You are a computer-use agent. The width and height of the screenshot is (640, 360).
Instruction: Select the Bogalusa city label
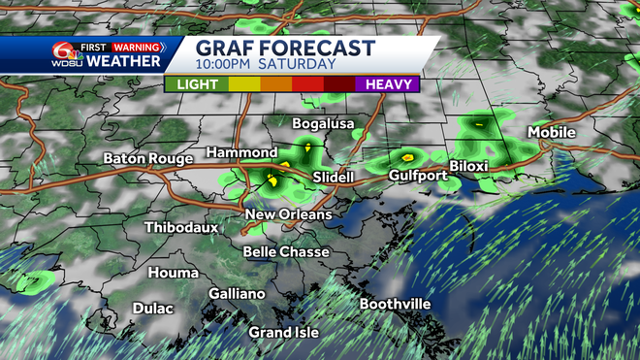(326, 124)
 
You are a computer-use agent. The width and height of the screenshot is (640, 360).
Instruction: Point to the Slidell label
(336, 178)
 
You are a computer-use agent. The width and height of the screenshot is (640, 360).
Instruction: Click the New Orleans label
(288, 214)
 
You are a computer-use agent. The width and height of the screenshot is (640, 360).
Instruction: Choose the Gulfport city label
(418, 176)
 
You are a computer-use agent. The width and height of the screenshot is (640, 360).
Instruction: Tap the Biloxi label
(468, 166)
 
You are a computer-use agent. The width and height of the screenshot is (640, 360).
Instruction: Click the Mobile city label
(552, 132)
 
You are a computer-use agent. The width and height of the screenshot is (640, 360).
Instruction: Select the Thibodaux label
(180, 227)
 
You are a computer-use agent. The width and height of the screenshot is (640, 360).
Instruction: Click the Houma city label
(173, 273)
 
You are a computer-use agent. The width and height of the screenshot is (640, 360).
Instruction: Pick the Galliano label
(237, 294)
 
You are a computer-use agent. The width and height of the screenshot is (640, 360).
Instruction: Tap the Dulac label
(152, 309)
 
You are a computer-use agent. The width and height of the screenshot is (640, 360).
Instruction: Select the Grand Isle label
(282, 332)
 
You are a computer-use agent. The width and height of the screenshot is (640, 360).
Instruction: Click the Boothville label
(395, 304)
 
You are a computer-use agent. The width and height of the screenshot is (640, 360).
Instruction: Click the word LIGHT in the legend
(196, 83)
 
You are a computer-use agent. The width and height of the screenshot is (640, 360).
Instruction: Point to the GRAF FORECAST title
(284, 48)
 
